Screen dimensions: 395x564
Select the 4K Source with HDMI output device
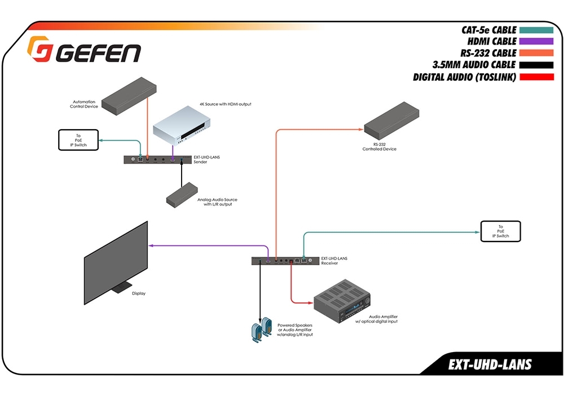[182, 125]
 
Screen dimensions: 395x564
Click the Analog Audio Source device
[182, 193]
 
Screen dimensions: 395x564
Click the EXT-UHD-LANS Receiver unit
[284, 261]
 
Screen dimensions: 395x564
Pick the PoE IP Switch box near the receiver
[500, 231]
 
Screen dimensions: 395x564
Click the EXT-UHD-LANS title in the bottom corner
[490, 365]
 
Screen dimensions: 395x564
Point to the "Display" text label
[139, 293]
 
